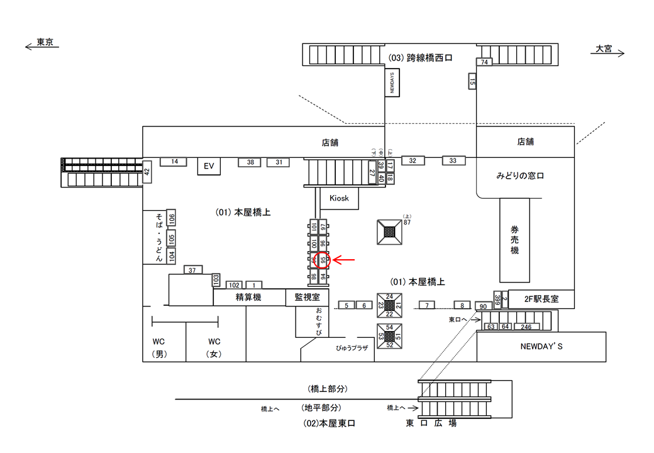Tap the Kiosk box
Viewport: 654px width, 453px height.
tap(339, 199)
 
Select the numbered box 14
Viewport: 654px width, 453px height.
tap(175, 162)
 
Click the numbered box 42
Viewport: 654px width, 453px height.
tap(147, 171)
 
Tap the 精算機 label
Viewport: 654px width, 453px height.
tap(248, 297)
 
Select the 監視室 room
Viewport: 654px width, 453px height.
tap(303, 297)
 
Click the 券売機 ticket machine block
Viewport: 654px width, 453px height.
tap(514, 240)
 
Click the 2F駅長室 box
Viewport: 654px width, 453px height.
tap(540, 299)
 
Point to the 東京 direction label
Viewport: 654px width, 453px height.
tap(45, 43)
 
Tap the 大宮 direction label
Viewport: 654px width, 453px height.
tap(604, 48)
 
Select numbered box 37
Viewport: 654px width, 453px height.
tap(192, 270)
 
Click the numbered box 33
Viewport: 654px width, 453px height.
tap(453, 160)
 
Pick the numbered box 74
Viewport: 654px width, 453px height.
tap(484, 62)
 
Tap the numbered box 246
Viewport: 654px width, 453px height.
tap(526, 327)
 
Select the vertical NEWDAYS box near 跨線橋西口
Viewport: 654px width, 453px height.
tap(393, 82)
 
